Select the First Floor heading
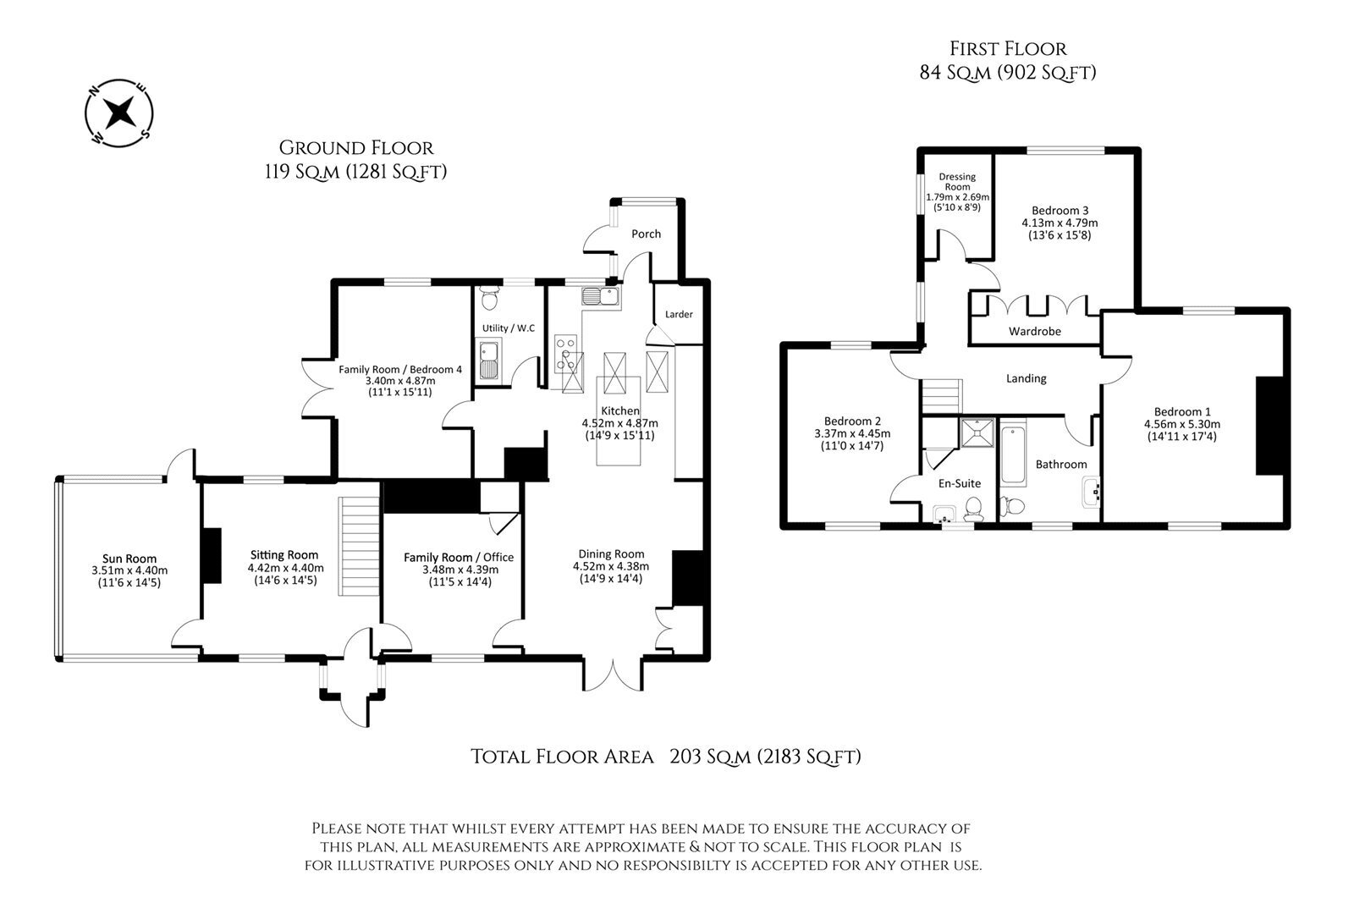point(1007,49)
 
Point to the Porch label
point(647,234)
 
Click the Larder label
point(679,315)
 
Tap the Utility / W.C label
point(508,328)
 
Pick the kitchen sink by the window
point(601,296)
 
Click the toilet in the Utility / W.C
point(489,299)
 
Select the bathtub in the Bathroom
point(1014,457)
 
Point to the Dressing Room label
point(957,182)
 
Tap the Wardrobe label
point(1034,332)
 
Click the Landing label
point(1026,378)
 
